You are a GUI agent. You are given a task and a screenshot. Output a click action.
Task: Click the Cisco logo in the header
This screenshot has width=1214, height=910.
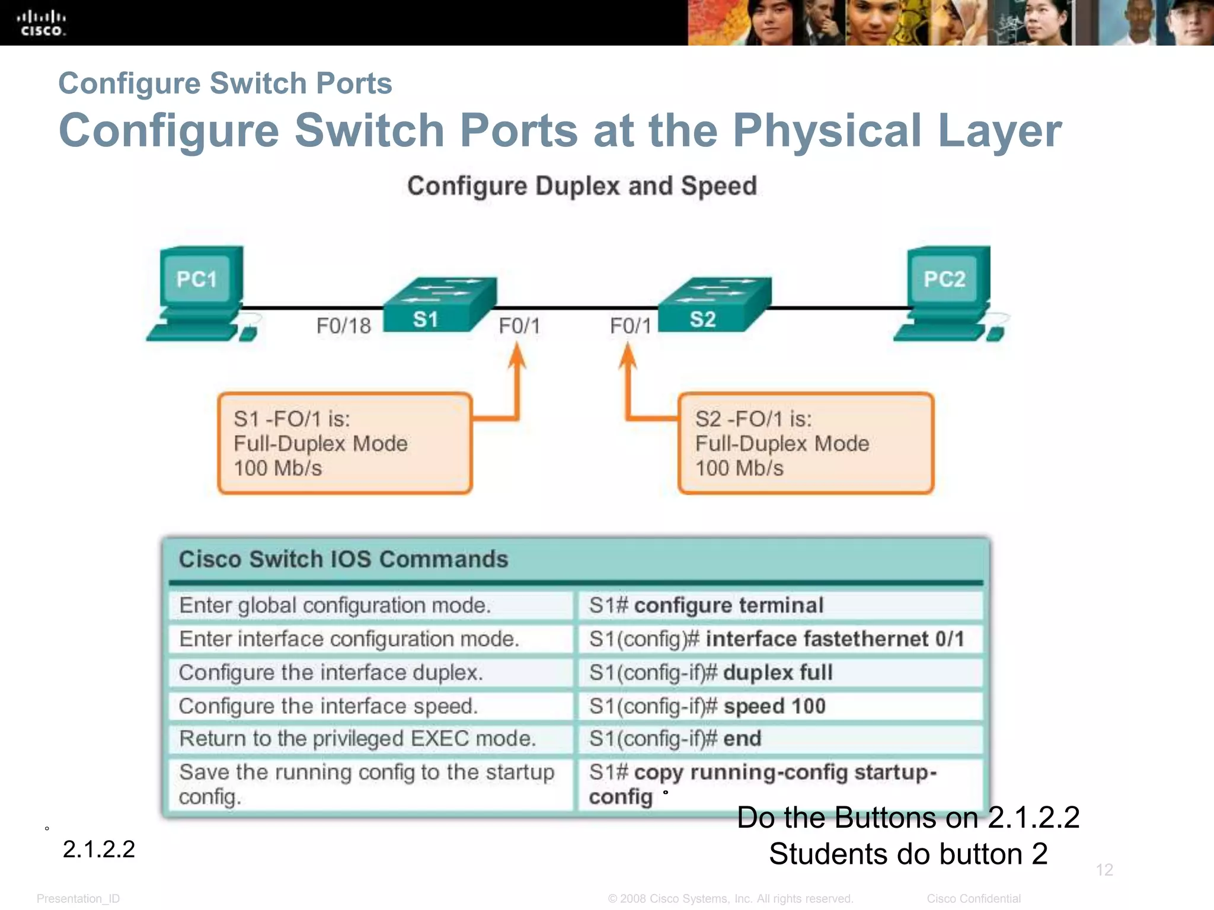pyautogui.click(x=41, y=23)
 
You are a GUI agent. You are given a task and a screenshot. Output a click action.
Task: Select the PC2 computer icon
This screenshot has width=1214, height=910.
pyautogui.click(x=947, y=293)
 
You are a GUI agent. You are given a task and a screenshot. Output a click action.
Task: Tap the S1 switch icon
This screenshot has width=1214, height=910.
pyautogui.click(x=439, y=305)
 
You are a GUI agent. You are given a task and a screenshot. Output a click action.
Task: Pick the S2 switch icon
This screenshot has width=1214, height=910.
pyautogui.click(x=714, y=305)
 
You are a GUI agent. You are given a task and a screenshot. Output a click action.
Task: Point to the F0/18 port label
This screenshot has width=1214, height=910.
pyautogui.click(x=343, y=326)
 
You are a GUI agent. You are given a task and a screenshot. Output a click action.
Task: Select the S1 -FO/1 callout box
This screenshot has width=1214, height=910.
pyautogui.click(x=344, y=443)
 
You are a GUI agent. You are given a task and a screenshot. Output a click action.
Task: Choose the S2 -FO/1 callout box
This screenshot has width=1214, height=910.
pyautogui.click(x=806, y=443)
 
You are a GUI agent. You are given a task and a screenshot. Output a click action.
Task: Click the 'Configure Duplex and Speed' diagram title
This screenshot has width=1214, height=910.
pyautogui.click(x=582, y=186)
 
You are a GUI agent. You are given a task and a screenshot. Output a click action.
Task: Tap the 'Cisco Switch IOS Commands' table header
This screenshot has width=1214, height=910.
pyautogui.click(x=344, y=559)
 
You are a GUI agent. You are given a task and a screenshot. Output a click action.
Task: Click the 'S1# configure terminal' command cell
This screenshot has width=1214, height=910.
pyautogui.click(x=779, y=605)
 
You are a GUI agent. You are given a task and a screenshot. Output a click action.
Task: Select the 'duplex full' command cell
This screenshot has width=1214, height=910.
pyautogui.click(x=779, y=672)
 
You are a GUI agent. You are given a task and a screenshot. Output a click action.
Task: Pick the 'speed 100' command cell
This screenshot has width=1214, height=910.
pyautogui.click(x=779, y=706)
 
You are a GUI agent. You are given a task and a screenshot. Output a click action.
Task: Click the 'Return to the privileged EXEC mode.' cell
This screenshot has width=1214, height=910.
pyautogui.click(x=370, y=739)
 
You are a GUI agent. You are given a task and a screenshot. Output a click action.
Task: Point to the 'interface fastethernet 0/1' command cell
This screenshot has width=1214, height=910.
pyautogui.click(x=779, y=639)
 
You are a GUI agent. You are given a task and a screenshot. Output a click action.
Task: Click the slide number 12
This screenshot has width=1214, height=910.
pyautogui.click(x=1104, y=870)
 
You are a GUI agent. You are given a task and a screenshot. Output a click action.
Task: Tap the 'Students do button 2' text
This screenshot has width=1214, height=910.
pyautogui.click(x=908, y=854)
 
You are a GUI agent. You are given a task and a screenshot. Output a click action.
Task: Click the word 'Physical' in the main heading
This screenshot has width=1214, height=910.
pyautogui.click(x=828, y=130)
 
